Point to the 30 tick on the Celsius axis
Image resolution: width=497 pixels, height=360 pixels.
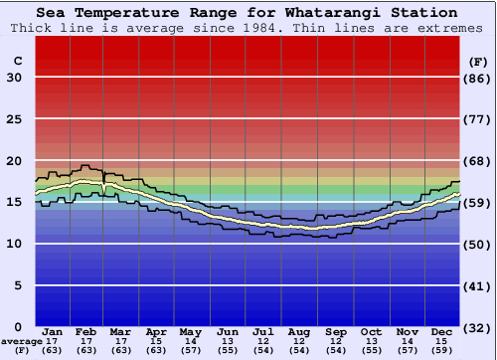point(14,78)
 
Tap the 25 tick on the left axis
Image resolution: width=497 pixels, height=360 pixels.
point(14,119)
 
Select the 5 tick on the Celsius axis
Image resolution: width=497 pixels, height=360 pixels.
point(18,285)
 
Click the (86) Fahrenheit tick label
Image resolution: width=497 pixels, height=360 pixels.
point(478,78)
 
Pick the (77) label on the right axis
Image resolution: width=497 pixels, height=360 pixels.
point(478,119)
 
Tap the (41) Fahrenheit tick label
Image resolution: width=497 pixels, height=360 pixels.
point(478,285)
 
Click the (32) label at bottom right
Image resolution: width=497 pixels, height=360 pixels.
point(478,326)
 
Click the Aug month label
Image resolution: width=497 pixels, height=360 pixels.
point(298,330)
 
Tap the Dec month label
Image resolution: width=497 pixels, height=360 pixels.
point(441,330)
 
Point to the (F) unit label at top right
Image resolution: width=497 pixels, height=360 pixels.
point(478,61)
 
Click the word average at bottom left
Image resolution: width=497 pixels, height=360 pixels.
point(21,341)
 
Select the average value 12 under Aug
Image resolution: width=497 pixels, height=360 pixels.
point(298,341)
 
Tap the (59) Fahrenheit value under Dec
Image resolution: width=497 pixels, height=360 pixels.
point(441,350)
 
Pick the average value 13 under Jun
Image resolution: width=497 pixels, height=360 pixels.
point(228,341)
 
